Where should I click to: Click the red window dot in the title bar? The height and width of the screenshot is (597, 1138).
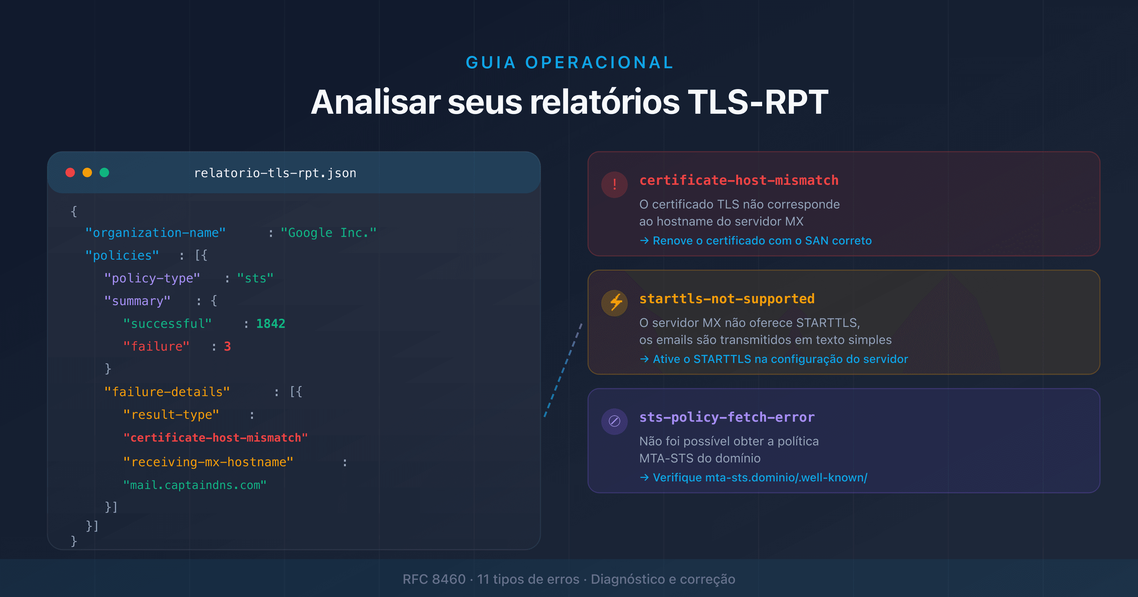pyautogui.click(x=70, y=173)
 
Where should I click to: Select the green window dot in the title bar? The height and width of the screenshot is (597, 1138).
pyautogui.click(x=104, y=173)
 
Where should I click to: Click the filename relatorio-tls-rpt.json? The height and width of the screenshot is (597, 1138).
pyautogui.click(x=275, y=173)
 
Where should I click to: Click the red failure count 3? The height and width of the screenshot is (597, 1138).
pyautogui.click(x=227, y=347)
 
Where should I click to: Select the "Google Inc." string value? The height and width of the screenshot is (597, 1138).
pyautogui.click(x=328, y=233)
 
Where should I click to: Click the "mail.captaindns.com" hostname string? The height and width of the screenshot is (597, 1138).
pyautogui.click(x=195, y=485)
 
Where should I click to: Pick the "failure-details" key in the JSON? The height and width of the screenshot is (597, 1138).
pyautogui.click(x=167, y=392)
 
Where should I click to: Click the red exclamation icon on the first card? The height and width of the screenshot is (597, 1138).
pyautogui.click(x=614, y=184)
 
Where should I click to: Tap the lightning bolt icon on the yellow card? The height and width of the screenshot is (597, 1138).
pyautogui.click(x=614, y=303)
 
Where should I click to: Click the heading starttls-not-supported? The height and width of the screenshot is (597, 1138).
pyautogui.click(x=727, y=299)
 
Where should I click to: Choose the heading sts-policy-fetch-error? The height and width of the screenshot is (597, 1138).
pyautogui.click(x=727, y=417)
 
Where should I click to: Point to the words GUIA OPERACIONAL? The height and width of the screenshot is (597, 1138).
pyautogui.click(x=569, y=63)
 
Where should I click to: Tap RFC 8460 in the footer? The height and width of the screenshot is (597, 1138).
pyautogui.click(x=434, y=579)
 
